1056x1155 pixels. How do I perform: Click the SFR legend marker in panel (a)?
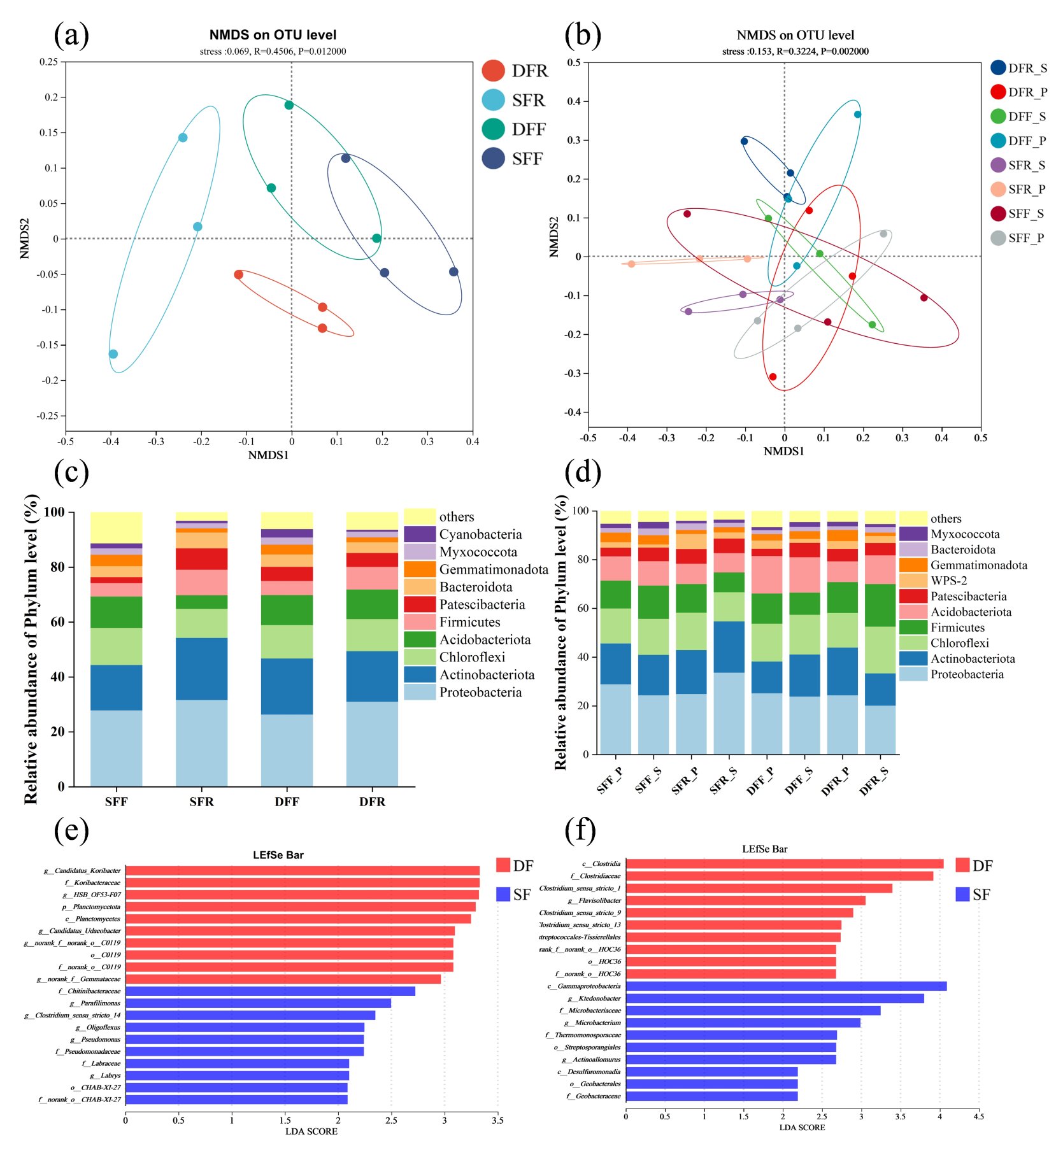493,100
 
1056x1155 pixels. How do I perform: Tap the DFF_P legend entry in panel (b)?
1018,141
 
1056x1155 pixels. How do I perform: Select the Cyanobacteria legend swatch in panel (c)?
420,534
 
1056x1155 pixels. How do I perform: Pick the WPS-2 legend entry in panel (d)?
948,581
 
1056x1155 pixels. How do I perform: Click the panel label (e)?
71,830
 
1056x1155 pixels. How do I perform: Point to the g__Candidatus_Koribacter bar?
303,870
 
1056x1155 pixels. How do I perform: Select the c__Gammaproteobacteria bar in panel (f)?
786,986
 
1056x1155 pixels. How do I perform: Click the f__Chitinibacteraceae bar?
270,991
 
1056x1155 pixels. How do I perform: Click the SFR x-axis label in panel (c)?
201,802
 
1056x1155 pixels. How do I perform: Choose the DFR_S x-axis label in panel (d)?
873,781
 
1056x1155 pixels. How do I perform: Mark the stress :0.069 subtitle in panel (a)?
273,52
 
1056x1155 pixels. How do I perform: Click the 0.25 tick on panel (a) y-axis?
48,62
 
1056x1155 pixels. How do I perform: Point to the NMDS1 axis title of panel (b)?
783,451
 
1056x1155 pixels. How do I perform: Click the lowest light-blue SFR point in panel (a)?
113,354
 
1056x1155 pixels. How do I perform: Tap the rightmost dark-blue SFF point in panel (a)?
453,272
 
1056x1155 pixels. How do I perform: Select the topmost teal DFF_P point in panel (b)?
857,115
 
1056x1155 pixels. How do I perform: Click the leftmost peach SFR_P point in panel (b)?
631,264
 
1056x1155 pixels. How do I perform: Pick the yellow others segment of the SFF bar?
116,527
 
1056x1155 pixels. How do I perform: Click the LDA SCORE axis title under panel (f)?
802,1128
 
